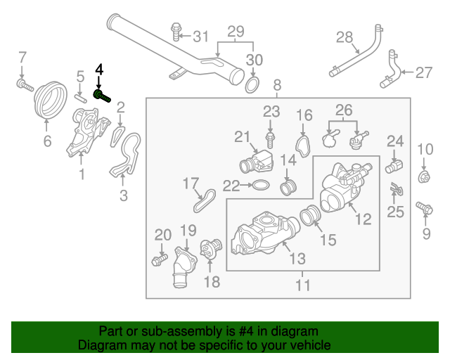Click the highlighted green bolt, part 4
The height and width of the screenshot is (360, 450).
pyautogui.click(x=102, y=96)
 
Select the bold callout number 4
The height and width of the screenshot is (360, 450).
pyautogui.click(x=99, y=70)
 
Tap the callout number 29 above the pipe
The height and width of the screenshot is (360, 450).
pyautogui.click(x=236, y=32)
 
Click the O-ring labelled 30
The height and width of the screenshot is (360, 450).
pyautogui.click(x=252, y=85)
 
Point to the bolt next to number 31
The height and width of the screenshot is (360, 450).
pyautogui.click(x=175, y=32)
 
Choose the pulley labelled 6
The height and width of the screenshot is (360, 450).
pyautogui.click(x=51, y=100)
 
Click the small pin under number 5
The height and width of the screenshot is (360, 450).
pyautogui.click(x=80, y=98)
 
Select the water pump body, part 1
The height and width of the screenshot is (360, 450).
pyautogui.click(x=87, y=131)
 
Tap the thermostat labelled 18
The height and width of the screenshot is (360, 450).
pyautogui.click(x=211, y=248)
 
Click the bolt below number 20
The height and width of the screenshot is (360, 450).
pyautogui.click(x=160, y=259)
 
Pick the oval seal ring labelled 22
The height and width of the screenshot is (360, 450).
pyautogui.click(x=261, y=185)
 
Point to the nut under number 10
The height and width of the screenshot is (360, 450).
pyautogui.click(x=424, y=176)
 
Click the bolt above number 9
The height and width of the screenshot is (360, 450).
pyautogui.click(x=424, y=208)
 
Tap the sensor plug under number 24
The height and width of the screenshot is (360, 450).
pyautogui.click(x=394, y=167)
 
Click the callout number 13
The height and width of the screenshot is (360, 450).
pyautogui.click(x=297, y=258)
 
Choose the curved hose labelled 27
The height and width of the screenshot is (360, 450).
pyautogui.click(x=391, y=69)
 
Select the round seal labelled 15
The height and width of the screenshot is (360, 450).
pyautogui.click(x=310, y=215)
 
